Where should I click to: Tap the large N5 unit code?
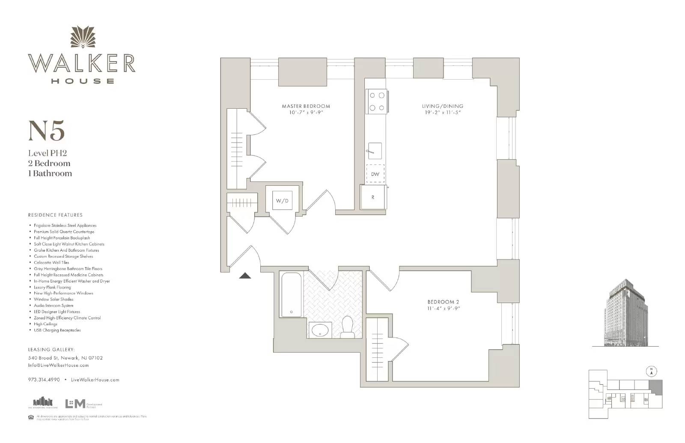[x=46, y=131]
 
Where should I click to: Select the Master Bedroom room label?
[x=306, y=106]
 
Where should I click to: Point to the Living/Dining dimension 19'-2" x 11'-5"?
[x=442, y=113]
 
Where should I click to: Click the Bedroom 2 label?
[x=443, y=302]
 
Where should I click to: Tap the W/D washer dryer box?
[x=282, y=200]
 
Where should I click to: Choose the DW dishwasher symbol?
[x=375, y=174]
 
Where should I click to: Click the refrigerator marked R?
[x=373, y=197]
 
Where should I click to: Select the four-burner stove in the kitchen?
[x=377, y=101]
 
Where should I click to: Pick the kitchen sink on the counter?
[x=375, y=151]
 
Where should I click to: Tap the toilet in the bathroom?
[x=347, y=327]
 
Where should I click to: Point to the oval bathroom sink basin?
[x=319, y=330]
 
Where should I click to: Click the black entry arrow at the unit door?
[x=245, y=276]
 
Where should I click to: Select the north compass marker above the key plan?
[x=651, y=371]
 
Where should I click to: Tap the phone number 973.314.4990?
[x=44, y=380]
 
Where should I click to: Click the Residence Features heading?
[x=55, y=215]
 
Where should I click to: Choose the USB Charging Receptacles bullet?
[x=57, y=330]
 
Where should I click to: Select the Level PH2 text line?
[x=48, y=153]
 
